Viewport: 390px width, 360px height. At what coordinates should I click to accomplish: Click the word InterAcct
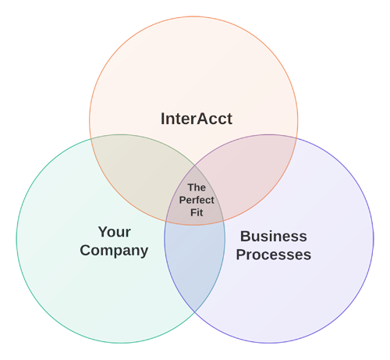click(x=197, y=119)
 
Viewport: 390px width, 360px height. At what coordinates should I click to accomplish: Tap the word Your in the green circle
click(x=115, y=232)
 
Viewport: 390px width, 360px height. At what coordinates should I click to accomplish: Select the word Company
click(x=114, y=251)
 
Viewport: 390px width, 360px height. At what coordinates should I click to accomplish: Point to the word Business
click(x=273, y=237)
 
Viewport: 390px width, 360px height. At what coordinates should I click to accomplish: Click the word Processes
click(x=274, y=255)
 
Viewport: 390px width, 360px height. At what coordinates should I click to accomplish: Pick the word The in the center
click(x=197, y=187)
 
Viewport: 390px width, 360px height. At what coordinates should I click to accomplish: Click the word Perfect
click(x=197, y=200)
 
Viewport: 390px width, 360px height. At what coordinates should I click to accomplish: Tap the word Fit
click(x=197, y=212)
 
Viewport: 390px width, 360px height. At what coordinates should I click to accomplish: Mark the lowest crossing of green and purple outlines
click(x=195, y=312)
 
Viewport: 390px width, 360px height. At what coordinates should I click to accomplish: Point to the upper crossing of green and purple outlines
click(x=195, y=166)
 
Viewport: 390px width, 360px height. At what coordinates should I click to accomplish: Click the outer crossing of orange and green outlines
click(x=90, y=139)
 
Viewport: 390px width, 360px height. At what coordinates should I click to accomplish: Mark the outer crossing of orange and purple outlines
click(x=296, y=138)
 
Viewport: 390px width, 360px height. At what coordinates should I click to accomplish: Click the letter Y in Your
click(x=103, y=232)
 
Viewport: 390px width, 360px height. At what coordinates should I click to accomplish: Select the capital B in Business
click(x=245, y=237)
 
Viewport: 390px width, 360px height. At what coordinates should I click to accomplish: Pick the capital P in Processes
click(x=241, y=255)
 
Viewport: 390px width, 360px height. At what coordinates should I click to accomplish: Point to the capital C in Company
click(x=85, y=250)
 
